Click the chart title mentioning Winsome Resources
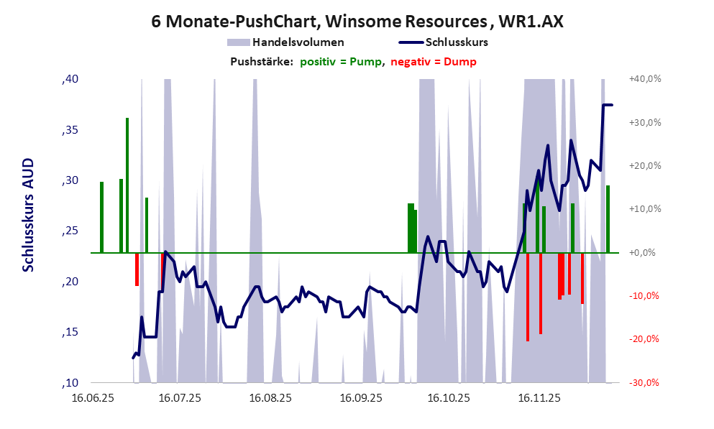coord(357,22)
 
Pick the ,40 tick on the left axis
coord(70,79)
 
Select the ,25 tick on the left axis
coord(70,231)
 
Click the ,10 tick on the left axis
coord(70,382)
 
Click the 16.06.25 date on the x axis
coord(93,397)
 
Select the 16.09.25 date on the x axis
coord(362,397)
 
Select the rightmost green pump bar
coord(608,219)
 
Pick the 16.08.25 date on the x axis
coord(270,397)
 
